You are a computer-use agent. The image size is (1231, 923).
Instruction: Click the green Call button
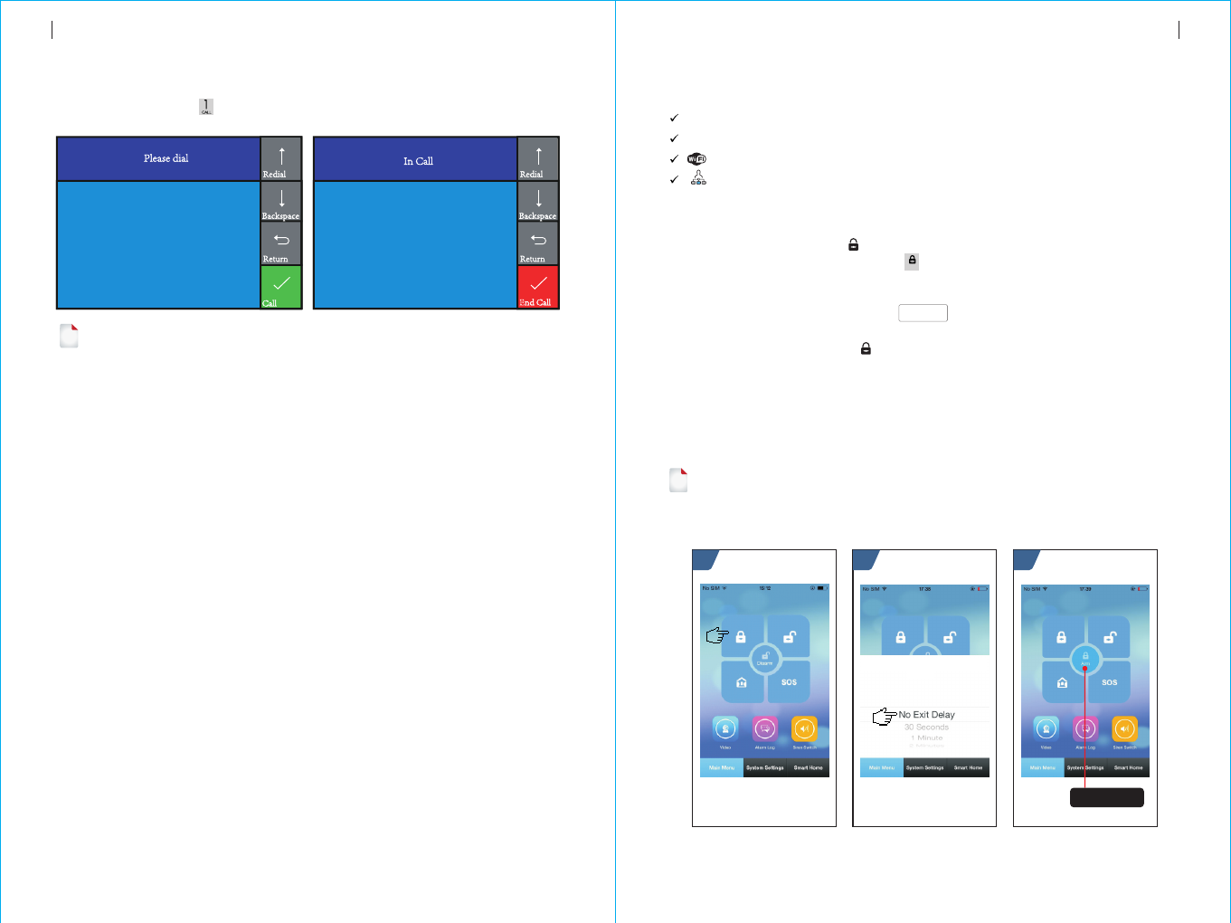(281, 287)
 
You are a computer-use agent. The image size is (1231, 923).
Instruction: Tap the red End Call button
(538, 287)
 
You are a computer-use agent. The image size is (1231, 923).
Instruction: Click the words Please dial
(166, 158)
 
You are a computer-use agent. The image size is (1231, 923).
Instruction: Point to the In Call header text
(418, 161)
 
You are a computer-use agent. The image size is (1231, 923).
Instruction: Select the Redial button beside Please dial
(281, 159)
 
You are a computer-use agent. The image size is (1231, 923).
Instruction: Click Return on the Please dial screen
(281, 243)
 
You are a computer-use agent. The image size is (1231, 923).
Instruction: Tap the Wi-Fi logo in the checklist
(696, 159)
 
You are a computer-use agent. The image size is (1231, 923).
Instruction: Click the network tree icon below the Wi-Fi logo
(698, 178)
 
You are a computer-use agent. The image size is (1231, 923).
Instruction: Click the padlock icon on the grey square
(912, 262)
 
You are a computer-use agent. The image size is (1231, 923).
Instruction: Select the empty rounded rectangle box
(923, 313)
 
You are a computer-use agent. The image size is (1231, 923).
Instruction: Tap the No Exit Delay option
(927, 715)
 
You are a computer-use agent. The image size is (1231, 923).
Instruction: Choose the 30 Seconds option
(927, 728)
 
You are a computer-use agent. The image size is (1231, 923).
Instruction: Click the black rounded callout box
(1107, 797)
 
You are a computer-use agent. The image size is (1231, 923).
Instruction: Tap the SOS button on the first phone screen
(789, 682)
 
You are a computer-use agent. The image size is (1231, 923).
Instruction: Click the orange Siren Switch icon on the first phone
(804, 728)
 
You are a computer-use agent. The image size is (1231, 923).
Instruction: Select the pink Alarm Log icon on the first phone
(765, 728)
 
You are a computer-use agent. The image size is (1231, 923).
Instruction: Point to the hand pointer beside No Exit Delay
(884, 717)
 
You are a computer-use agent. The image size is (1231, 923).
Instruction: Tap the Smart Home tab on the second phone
(968, 767)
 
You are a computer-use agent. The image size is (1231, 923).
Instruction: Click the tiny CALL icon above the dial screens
(206, 107)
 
